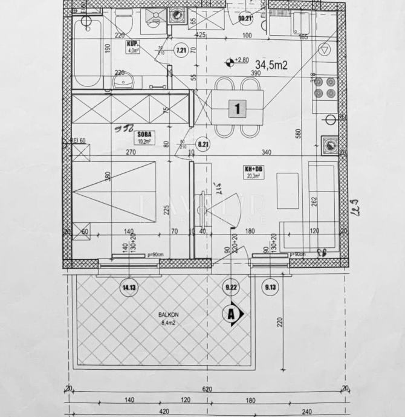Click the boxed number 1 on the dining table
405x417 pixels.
click(x=238, y=109)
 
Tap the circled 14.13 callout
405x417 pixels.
click(x=128, y=288)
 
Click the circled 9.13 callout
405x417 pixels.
click(x=270, y=288)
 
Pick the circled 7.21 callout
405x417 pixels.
click(x=180, y=50)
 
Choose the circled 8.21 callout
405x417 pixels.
click(x=203, y=144)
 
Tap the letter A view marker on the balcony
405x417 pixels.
click(x=231, y=314)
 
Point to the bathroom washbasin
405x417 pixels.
click(x=120, y=82)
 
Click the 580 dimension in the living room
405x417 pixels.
click(x=298, y=134)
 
